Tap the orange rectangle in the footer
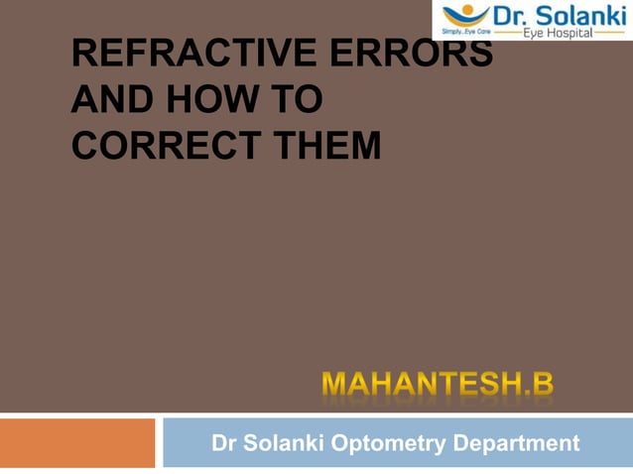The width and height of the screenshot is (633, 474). point(77,442)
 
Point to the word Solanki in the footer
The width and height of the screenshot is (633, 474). point(289,443)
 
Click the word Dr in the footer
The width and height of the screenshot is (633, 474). point(225,443)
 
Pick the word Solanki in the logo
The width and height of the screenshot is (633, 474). point(581,15)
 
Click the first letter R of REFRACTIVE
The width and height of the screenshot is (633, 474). point(83,54)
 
